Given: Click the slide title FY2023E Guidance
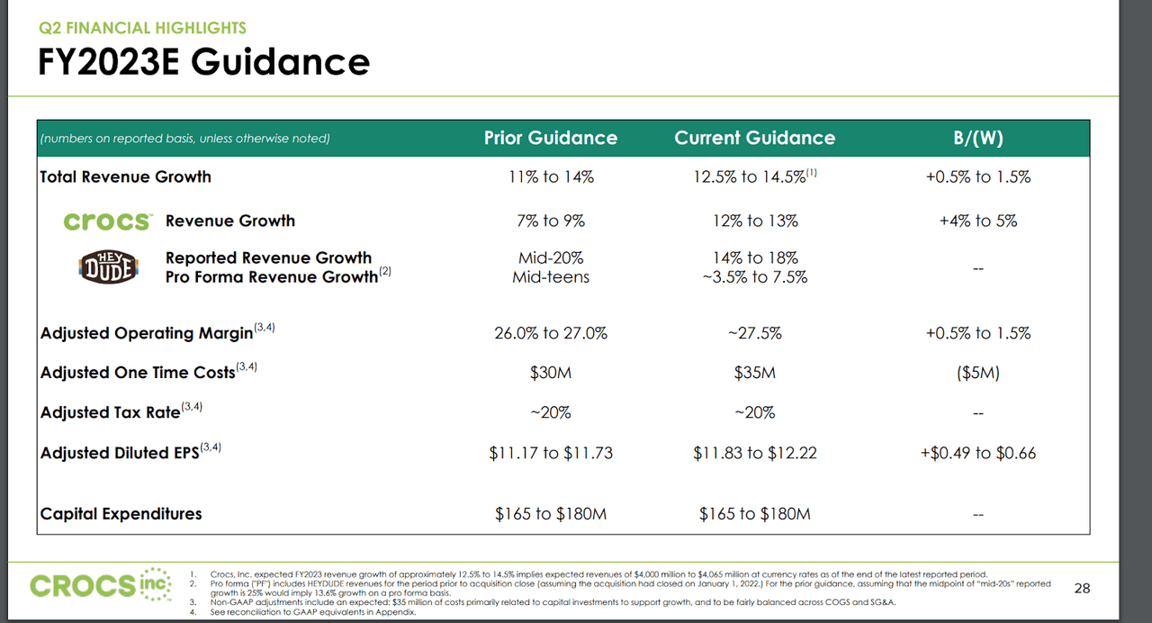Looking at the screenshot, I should click(203, 62).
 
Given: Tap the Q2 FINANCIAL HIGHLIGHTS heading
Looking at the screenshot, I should click(141, 28).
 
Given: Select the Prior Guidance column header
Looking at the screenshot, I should click(551, 138).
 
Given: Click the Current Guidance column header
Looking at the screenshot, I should click(754, 138).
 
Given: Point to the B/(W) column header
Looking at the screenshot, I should click(978, 138).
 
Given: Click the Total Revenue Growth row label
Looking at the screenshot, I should click(125, 176).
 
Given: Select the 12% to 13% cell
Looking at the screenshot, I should click(754, 221).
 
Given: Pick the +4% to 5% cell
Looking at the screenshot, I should click(978, 221).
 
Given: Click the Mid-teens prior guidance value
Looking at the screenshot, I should click(551, 277).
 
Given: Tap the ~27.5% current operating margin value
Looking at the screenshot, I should click(754, 333).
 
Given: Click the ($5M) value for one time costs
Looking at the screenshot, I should click(978, 373).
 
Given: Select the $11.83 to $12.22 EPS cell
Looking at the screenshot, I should click(754, 453).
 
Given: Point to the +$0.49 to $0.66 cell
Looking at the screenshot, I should click(978, 453).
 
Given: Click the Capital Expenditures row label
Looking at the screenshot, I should click(121, 513).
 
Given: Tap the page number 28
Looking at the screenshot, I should click(1083, 588).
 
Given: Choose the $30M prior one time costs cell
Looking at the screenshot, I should click(551, 373).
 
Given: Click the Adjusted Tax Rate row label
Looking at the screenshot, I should click(110, 412).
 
